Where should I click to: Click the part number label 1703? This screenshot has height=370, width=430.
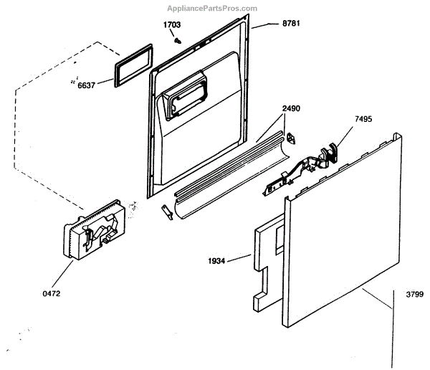(x=171, y=25)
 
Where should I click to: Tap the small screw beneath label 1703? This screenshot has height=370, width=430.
(x=176, y=41)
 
